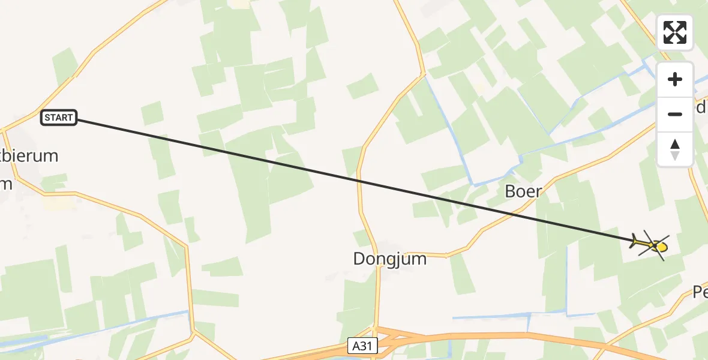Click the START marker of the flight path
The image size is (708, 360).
[59, 118]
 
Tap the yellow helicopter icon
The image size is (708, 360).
[652, 245]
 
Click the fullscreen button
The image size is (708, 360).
[675, 32]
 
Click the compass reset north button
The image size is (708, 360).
[675, 149]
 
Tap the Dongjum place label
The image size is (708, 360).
[390, 259]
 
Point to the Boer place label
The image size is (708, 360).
[523, 191]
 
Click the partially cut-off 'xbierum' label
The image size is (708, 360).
[30, 156]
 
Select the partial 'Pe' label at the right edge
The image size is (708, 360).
[700, 293]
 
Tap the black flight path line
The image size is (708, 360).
[360, 181]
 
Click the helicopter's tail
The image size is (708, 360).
[635, 241]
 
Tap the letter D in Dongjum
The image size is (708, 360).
[359, 259]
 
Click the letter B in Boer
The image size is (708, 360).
[511, 191]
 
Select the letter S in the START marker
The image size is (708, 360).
[47, 118]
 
